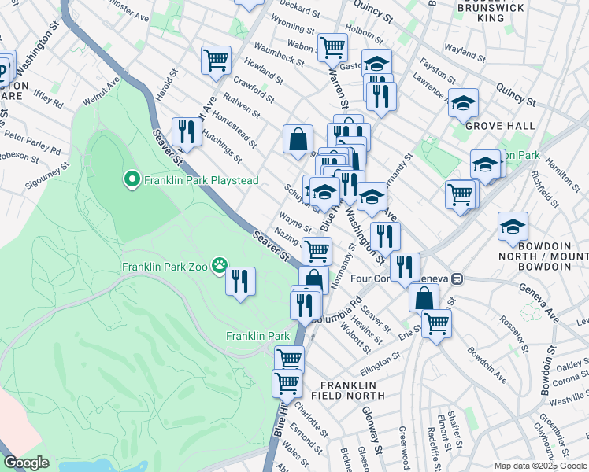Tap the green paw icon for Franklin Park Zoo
pyautogui.click(x=219, y=266)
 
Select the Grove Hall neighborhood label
pyautogui.click(x=499, y=126)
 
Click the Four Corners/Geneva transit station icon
pyautogui.click(x=468, y=278)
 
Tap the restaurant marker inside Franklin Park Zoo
pyautogui.click(x=241, y=281)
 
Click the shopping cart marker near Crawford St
pyautogui.click(x=216, y=59)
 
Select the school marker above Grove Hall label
pyautogui.click(x=464, y=101)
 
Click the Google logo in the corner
pyautogui.click(x=26, y=463)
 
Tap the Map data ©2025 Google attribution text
pyautogui.click(x=540, y=466)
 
